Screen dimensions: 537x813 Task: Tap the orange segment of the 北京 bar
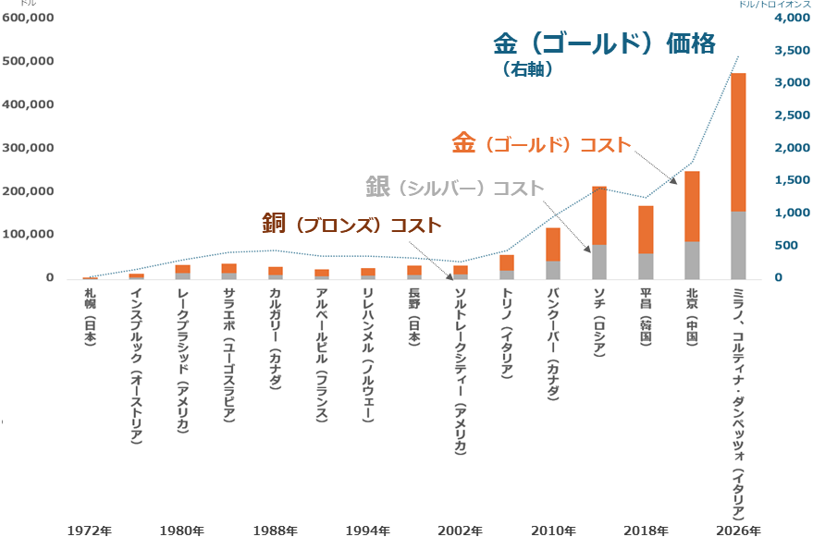pyautogui.click(x=692, y=206)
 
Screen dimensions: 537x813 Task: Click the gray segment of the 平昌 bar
pyautogui.click(x=646, y=266)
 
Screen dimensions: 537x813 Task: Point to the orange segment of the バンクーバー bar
pyautogui.click(x=553, y=244)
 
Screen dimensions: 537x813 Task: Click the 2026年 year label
pyautogui.click(x=738, y=531)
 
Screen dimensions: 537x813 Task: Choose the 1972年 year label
pyautogui.click(x=90, y=531)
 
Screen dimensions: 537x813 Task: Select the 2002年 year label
pyautogui.click(x=460, y=531)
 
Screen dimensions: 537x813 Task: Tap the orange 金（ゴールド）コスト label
pyautogui.click(x=541, y=144)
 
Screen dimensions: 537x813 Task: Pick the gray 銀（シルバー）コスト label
pyautogui.click(x=454, y=187)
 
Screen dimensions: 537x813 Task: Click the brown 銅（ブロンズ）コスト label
pyautogui.click(x=351, y=224)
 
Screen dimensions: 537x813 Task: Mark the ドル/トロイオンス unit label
pyautogui.click(x=773, y=5)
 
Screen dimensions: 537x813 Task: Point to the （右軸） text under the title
pyautogui.click(x=528, y=68)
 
